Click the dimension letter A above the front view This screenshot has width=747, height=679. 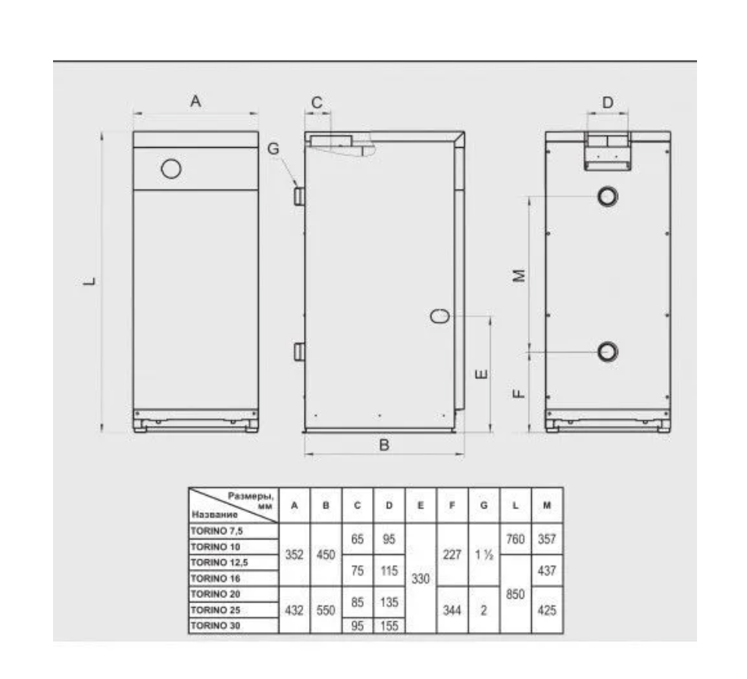[x=195, y=101]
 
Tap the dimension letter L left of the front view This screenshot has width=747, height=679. [x=89, y=281]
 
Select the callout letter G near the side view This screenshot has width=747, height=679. [x=273, y=149]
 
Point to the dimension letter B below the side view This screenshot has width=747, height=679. [x=384, y=445]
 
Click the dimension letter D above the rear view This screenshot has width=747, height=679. [x=608, y=102]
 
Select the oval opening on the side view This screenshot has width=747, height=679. [x=439, y=316]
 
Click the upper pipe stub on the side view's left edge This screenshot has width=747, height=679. [x=299, y=196]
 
